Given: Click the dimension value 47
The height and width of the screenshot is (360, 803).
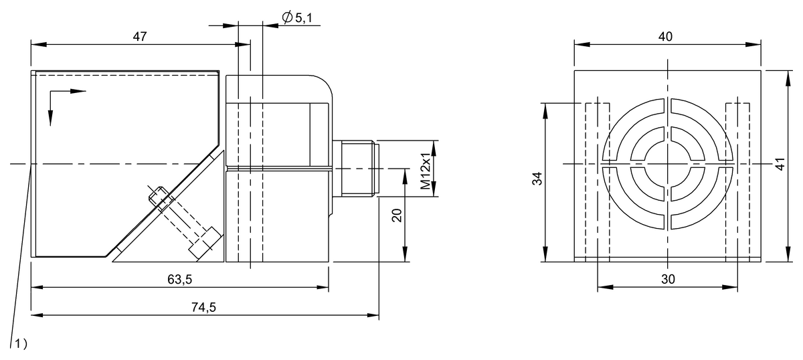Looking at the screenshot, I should pos(139,37).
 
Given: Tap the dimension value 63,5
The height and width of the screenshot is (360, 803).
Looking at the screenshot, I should pos(179,279).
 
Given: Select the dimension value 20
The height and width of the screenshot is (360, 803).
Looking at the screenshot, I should pos(396,215).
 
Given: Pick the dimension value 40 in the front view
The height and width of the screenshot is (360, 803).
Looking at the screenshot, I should pos(666,37).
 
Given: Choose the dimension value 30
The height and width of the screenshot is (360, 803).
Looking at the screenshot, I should pos(667,280).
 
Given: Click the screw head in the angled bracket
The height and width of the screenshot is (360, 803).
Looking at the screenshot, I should pos(205,242).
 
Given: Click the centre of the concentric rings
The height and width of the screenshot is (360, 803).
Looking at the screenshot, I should pos(668,163).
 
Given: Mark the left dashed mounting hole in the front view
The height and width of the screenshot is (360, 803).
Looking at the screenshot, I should pos(597,181).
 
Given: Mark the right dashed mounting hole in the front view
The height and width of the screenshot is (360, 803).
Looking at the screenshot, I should pos(738,181).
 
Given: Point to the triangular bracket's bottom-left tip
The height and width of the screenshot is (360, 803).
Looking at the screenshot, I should pos(114,262).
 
